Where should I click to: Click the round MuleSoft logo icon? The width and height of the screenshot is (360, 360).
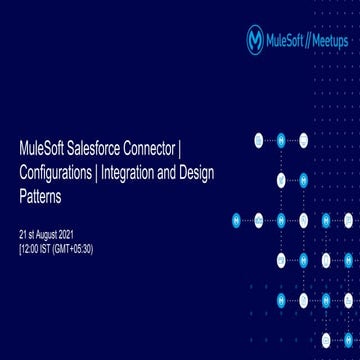point(255,39)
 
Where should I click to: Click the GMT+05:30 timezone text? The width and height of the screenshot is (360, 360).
point(73,247)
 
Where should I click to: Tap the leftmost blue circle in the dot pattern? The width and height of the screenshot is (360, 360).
point(236,219)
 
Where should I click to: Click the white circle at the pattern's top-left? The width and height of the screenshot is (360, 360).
point(259,139)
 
